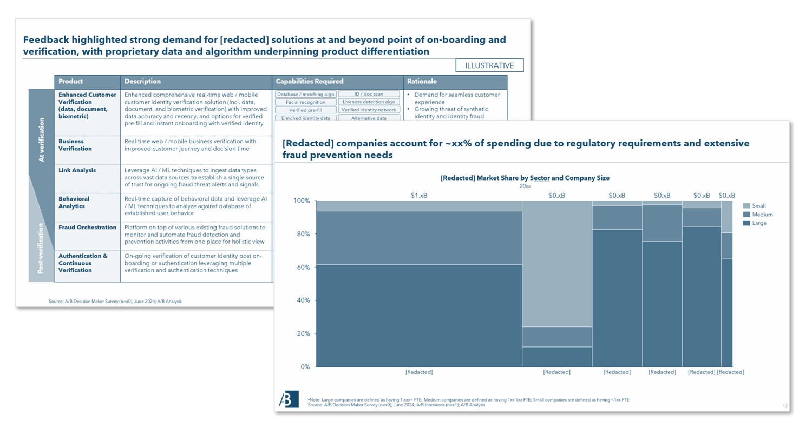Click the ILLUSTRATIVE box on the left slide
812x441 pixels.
pyautogui.click(x=489, y=65)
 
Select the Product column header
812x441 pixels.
pyautogui.click(x=71, y=82)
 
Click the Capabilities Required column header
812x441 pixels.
pyautogui.click(x=310, y=82)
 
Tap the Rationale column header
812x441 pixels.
pyautogui.click(x=422, y=82)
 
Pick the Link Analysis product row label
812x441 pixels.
pyautogui.click(x=77, y=170)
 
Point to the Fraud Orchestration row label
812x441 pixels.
pyautogui.click(x=87, y=228)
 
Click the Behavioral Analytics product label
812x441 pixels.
pyautogui.click(x=74, y=203)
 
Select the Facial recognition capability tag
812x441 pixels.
pyautogui.click(x=306, y=102)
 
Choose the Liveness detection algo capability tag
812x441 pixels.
pyautogui.click(x=369, y=102)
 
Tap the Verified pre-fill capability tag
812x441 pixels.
pyautogui.click(x=306, y=110)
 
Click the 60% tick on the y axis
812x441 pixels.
pyautogui.click(x=302, y=268)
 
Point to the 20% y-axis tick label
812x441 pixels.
pyautogui.click(x=303, y=334)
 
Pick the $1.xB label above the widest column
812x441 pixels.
pyautogui.click(x=418, y=196)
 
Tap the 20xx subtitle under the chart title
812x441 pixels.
pyautogui.click(x=525, y=186)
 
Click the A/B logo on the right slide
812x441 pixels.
pyautogui.click(x=289, y=399)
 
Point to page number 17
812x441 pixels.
pyautogui.click(x=785, y=406)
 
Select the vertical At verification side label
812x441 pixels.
pyautogui.click(x=42, y=140)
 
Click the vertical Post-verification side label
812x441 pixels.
pyautogui.click(x=41, y=249)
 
